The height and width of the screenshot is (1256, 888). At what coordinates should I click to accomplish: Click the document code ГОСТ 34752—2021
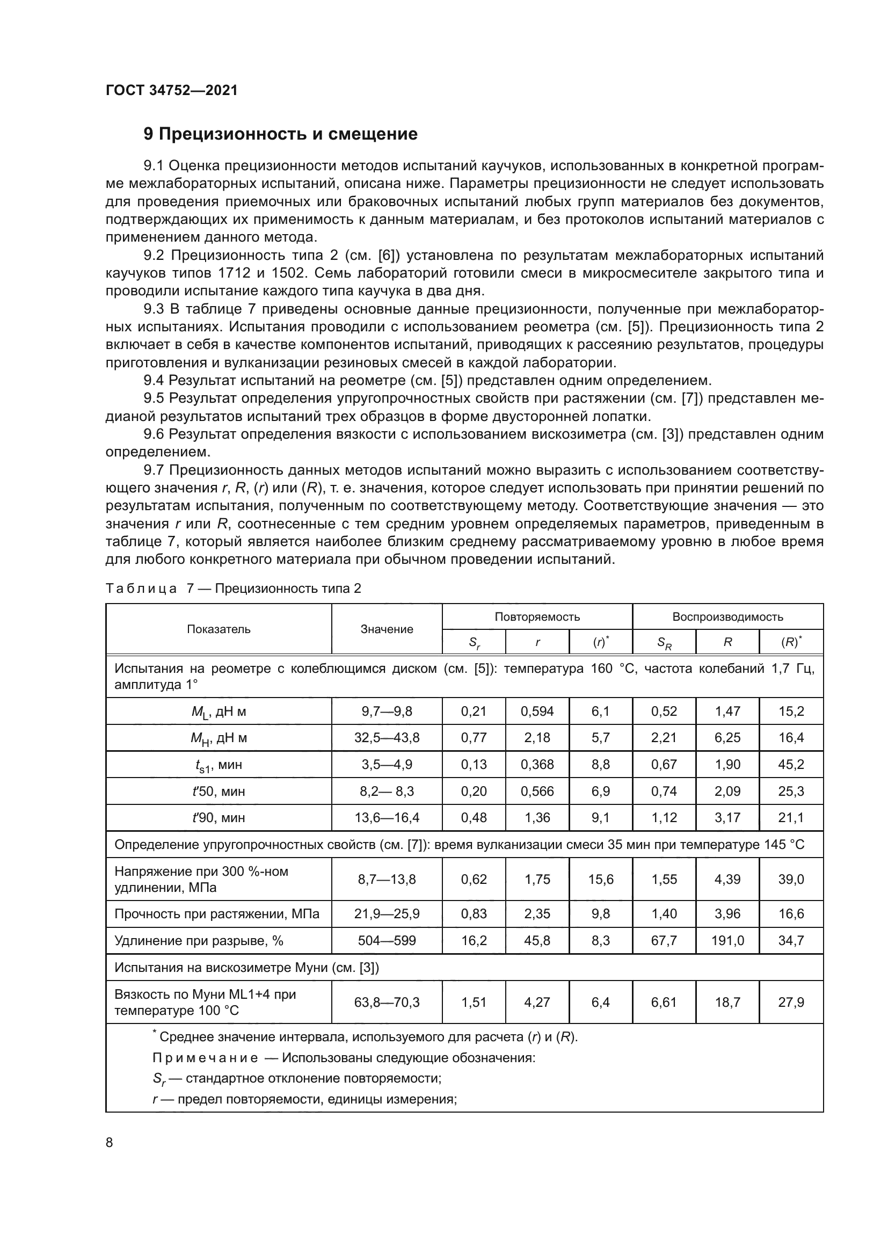pyautogui.click(x=172, y=90)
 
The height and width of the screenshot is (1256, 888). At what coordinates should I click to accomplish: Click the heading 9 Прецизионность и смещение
pyautogui.click(x=280, y=134)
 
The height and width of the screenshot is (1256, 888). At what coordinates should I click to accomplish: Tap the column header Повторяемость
pyautogui.click(x=537, y=617)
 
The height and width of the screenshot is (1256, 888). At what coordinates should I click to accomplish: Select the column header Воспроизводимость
pyautogui.click(x=727, y=617)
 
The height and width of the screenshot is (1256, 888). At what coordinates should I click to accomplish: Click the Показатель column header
pyautogui.click(x=219, y=629)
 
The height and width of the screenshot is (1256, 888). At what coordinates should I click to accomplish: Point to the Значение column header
pyautogui.click(x=387, y=629)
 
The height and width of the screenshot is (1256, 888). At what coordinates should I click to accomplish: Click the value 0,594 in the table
pyautogui.click(x=537, y=711)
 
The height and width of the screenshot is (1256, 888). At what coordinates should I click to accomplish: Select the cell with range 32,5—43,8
pyautogui.click(x=387, y=738)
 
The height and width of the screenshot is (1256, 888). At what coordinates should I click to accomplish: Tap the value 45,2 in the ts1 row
pyautogui.click(x=791, y=765)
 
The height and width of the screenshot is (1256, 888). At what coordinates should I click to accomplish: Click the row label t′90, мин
pyautogui.click(x=219, y=818)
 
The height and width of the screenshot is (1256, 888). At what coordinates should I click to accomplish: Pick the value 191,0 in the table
pyautogui.click(x=727, y=941)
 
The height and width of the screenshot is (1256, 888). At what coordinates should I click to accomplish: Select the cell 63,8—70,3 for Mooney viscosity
pyautogui.click(x=387, y=1003)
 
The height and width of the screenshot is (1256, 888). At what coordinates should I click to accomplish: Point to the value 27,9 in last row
pyautogui.click(x=791, y=1003)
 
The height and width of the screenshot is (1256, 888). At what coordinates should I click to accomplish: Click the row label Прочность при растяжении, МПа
pyautogui.click(x=216, y=914)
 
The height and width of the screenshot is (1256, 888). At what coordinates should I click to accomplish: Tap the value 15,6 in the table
pyautogui.click(x=600, y=880)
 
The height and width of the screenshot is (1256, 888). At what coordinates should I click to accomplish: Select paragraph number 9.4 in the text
pyautogui.click(x=155, y=381)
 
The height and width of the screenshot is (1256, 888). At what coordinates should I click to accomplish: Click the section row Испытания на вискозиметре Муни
pyautogui.click(x=246, y=968)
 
